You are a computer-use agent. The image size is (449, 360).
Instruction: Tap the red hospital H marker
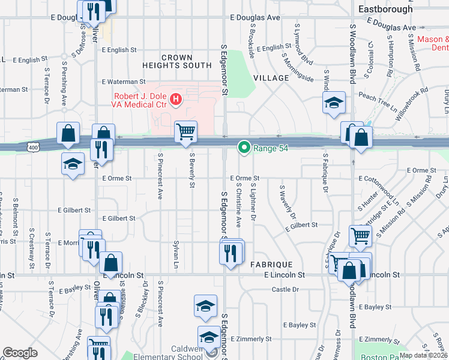coord(176,99)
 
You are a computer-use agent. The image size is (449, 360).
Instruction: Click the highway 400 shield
coord(34,147)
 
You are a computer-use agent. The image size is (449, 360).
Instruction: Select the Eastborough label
coord(385,9)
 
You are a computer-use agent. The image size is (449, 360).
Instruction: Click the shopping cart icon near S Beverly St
coord(186,132)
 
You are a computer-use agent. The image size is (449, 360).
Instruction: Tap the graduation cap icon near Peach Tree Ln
coord(334,103)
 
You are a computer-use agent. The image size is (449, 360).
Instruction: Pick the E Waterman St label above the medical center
coord(124,82)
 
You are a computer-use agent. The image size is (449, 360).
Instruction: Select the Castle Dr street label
coord(285,289)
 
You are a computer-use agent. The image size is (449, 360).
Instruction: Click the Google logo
coord(20,353)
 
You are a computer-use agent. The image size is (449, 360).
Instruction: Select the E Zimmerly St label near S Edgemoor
coord(251,339)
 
